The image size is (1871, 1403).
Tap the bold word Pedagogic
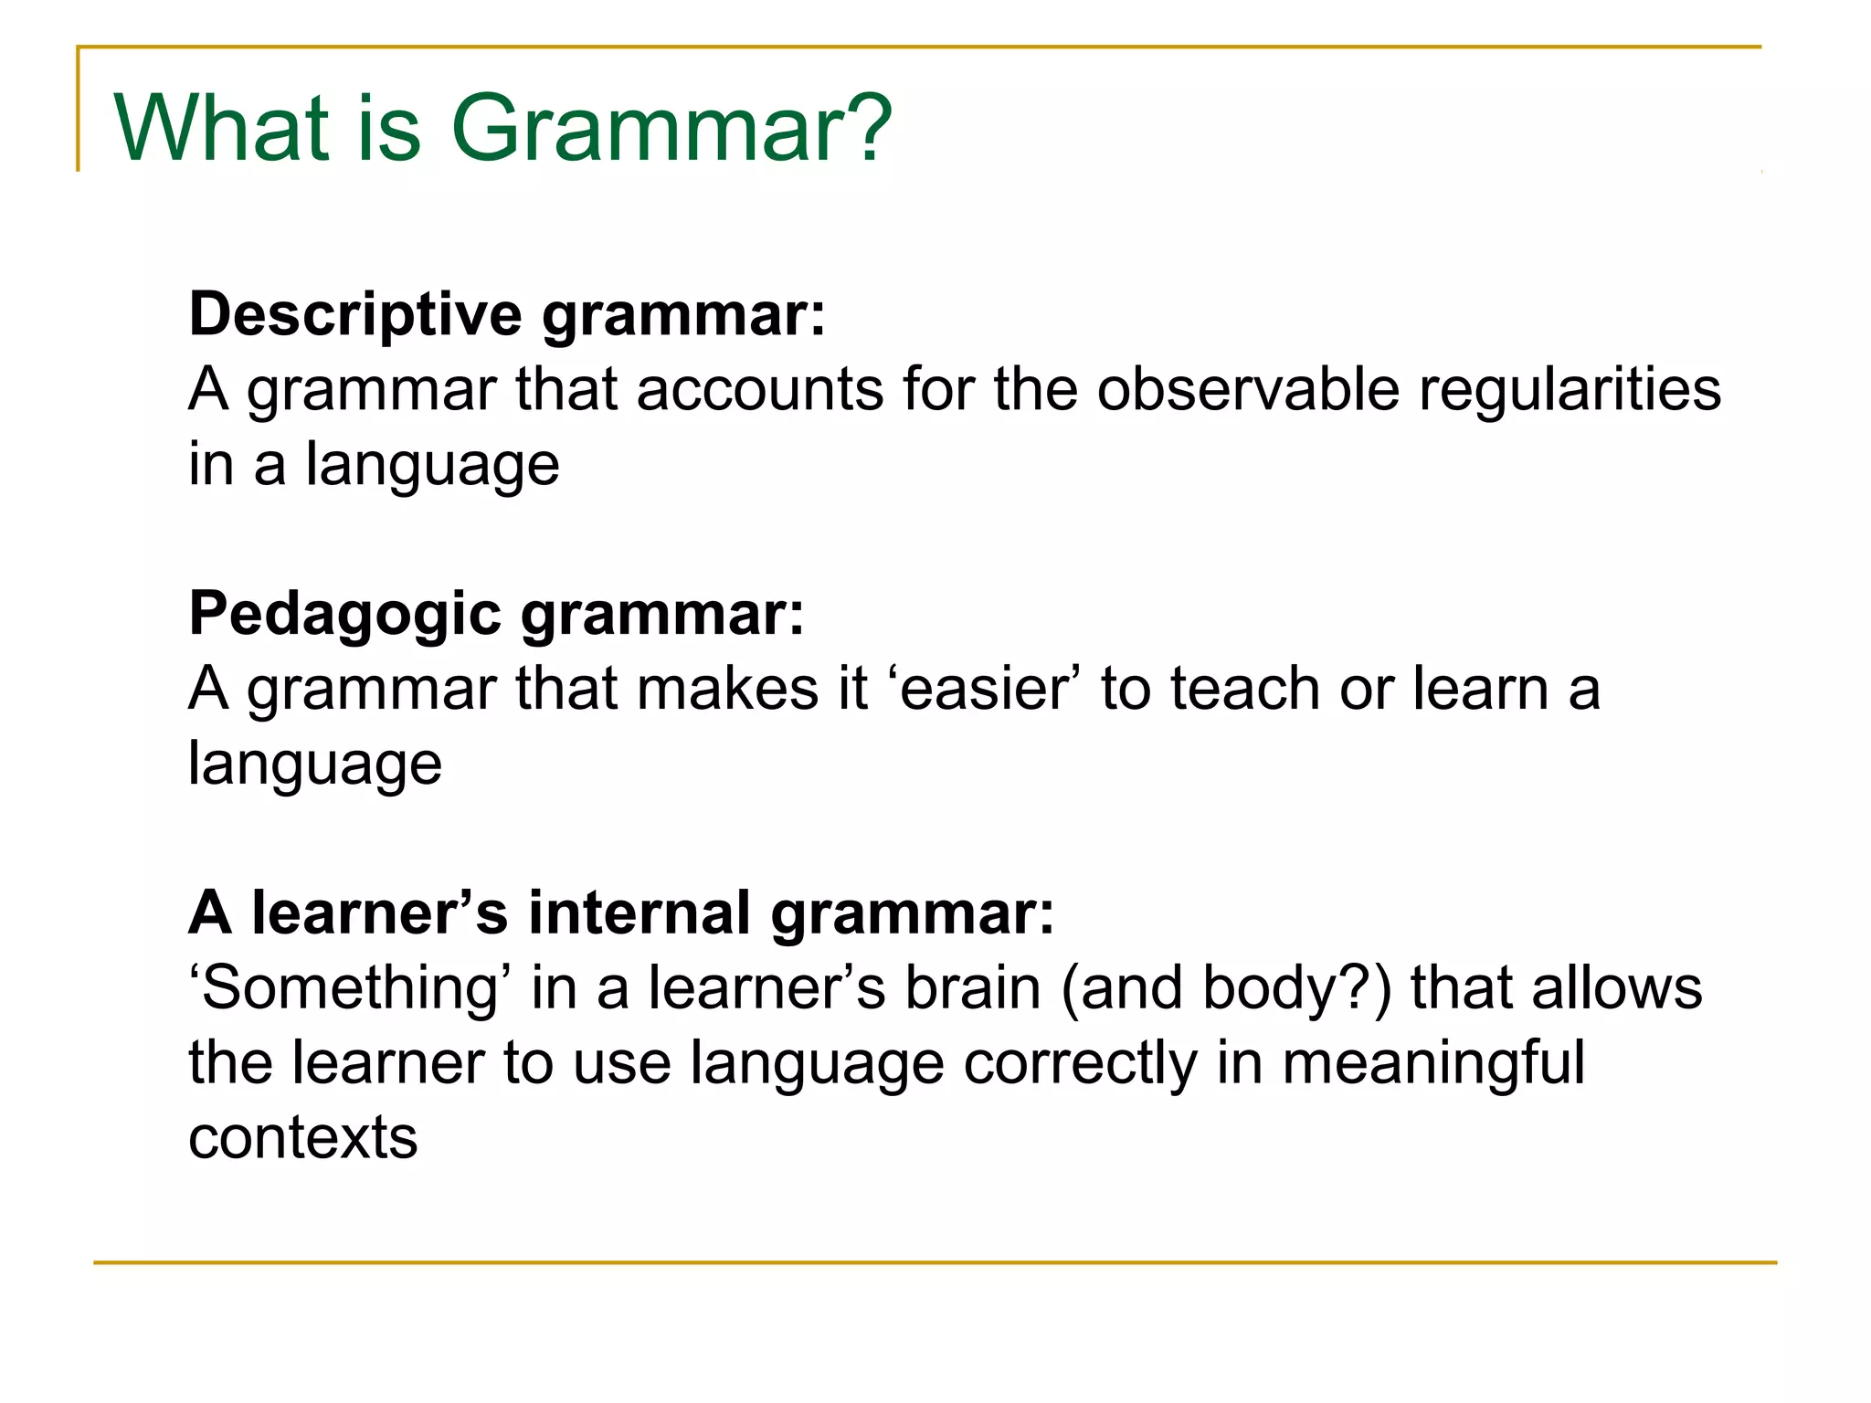pos(344,614)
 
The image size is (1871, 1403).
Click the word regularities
pos(1570,390)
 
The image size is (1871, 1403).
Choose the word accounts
pos(759,390)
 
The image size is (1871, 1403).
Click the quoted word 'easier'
pos(983,689)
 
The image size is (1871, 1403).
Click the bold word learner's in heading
pos(379,913)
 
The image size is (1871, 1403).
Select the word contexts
pos(302,1138)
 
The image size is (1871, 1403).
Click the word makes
pos(727,689)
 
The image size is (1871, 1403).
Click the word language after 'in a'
pos(432,465)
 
